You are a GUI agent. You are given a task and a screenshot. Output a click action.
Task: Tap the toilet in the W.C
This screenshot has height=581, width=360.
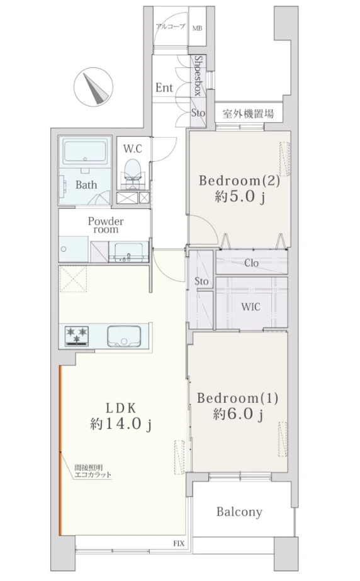pyautogui.click(x=133, y=172)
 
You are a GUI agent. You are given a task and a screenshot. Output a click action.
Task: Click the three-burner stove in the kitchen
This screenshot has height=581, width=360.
pyautogui.click(x=77, y=336)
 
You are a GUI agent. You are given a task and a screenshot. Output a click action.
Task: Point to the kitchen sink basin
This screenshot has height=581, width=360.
pyautogui.click(x=124, y=336)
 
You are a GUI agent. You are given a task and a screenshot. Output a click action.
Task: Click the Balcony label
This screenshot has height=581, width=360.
pyautogui.click(x=239, y=512)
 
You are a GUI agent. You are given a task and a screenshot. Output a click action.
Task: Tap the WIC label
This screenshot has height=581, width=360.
pyautogui.click(x=250, y=307)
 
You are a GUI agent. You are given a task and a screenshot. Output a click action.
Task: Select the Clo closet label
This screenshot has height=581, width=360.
pyautogui.click(x=252, y=263)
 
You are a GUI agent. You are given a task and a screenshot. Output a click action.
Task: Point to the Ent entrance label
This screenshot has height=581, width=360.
pyautogui.click(x=164, y=88)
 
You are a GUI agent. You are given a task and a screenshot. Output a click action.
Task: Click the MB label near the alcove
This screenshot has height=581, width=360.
pyautogui.click(x=198, y=28)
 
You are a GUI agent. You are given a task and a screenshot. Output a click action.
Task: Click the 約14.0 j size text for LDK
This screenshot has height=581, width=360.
pyautogui.click(x=121, y=424)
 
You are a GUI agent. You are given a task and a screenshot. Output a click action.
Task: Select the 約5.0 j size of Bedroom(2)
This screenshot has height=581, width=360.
pyautogui.click(x=240, y=197)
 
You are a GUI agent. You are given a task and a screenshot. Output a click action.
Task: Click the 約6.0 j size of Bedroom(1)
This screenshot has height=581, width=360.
pyautogui.click(x=238, y=414)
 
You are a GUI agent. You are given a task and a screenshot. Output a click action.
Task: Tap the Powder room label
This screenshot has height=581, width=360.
pyautogui.click(x=106, y=225)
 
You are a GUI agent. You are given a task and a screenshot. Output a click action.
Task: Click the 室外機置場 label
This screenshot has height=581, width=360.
pyautogui.click(x=248, y=114)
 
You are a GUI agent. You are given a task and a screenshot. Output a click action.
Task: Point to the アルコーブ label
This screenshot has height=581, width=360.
pyautogui.click(x=171, y=26)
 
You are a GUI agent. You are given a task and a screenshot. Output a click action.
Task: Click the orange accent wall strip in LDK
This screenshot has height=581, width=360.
pyautogui.click(x=60, y=451)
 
